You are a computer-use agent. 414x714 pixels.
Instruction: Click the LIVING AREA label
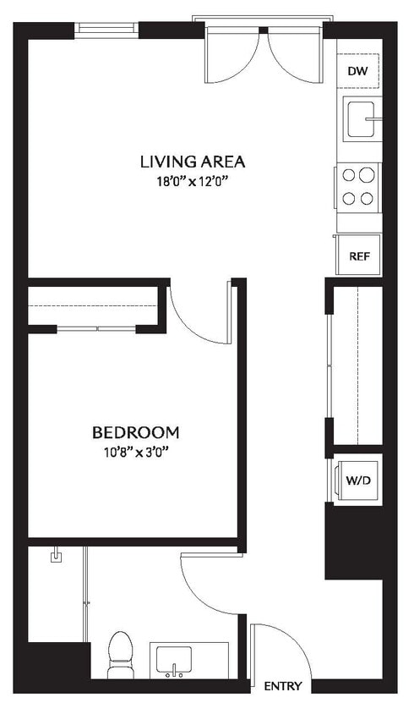click(193, 161)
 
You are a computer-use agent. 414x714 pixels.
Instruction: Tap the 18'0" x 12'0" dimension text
click(193, 180)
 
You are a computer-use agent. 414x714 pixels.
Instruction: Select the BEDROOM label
click(135, 432)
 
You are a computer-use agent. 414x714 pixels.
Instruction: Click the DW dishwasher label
click(358, 71)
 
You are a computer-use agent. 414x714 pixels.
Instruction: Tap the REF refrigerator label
click(359, 255)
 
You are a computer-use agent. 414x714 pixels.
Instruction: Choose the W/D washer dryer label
click(358, 480)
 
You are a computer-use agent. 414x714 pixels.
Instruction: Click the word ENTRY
click(283, 686)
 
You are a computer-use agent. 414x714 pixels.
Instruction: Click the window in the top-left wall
click(106, 28)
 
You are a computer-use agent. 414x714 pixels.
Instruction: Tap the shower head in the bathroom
click(57, 556)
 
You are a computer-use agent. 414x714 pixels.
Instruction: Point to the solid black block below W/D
click(354, 541)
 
